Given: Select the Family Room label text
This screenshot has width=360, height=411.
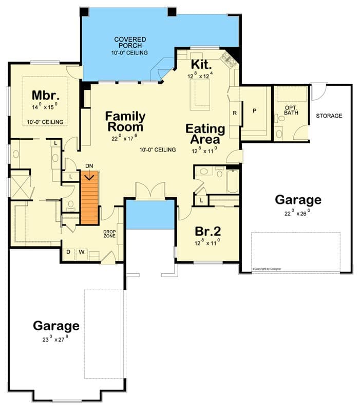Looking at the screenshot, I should [125, 121].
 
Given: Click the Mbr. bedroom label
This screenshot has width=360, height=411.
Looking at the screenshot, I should [46, 96].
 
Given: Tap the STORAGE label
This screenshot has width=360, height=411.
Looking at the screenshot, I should [329, 116].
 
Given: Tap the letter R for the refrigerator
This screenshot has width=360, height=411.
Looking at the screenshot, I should [235, 113].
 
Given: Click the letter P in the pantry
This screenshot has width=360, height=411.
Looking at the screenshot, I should [254, 111].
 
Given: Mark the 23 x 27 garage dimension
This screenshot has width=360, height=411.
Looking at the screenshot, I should [56, 339].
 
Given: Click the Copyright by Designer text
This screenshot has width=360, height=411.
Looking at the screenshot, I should [267, 269].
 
